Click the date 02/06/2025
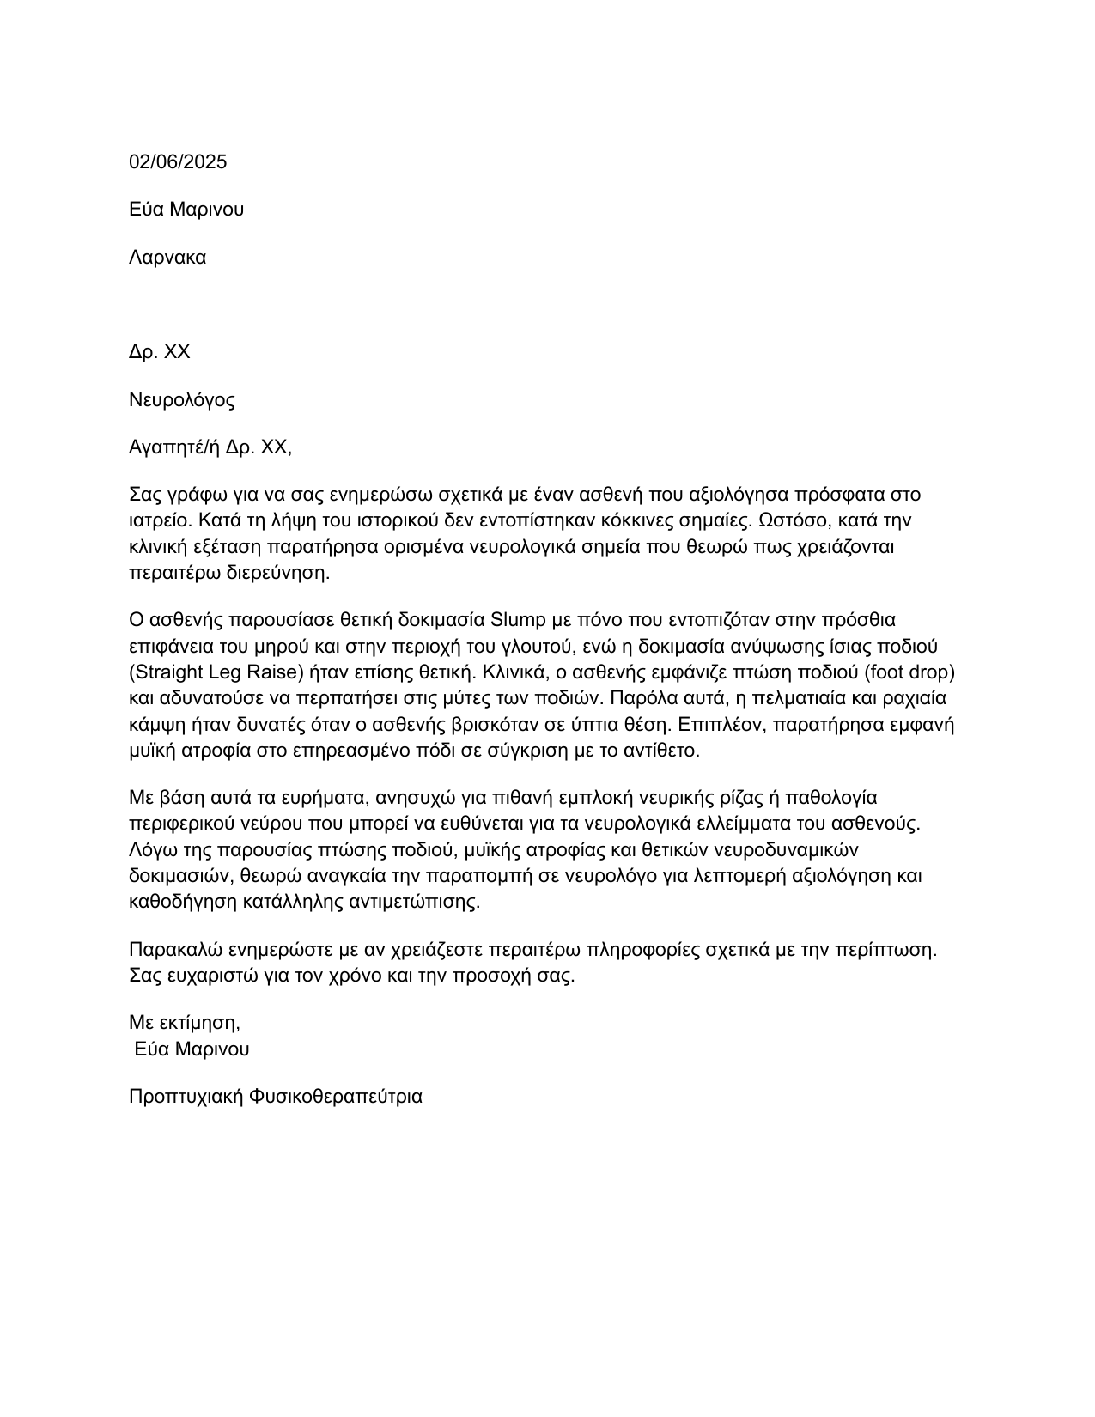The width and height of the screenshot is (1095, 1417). (x=178, y=161)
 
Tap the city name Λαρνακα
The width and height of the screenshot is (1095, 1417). (x=167, y=257)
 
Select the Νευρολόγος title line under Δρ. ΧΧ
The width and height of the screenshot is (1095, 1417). (x=181, y=399)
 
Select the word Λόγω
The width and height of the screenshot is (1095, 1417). (x=151, y=850)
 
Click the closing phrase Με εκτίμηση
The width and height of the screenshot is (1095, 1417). (x=184, y=1022)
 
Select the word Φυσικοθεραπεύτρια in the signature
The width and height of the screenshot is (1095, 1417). (x=337, y=1096)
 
